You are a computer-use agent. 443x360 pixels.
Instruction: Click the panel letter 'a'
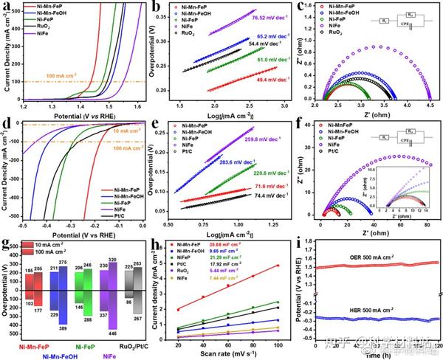[7, 7]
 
